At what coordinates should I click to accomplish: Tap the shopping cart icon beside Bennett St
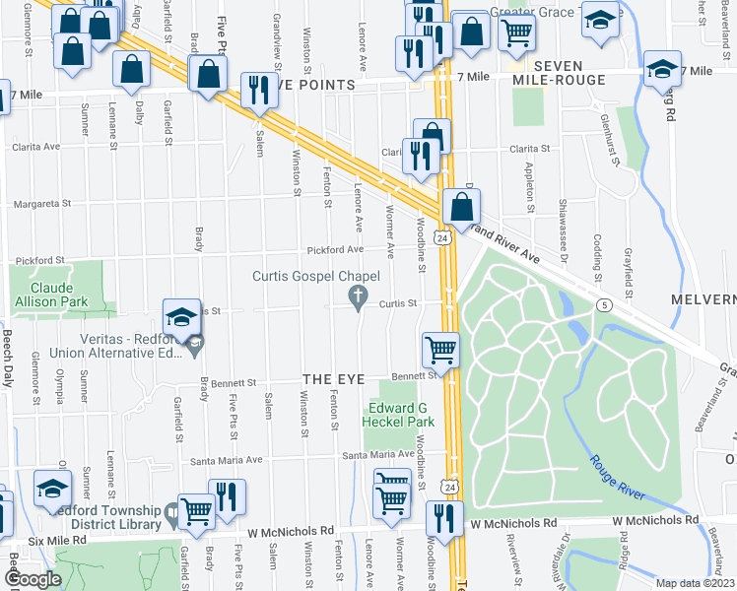(x=440, y=349)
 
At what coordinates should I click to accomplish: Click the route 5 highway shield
(x=601, y=305)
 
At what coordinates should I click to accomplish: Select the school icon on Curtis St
(x=181, y=315)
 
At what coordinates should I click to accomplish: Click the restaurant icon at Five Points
(x=259, y=90)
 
